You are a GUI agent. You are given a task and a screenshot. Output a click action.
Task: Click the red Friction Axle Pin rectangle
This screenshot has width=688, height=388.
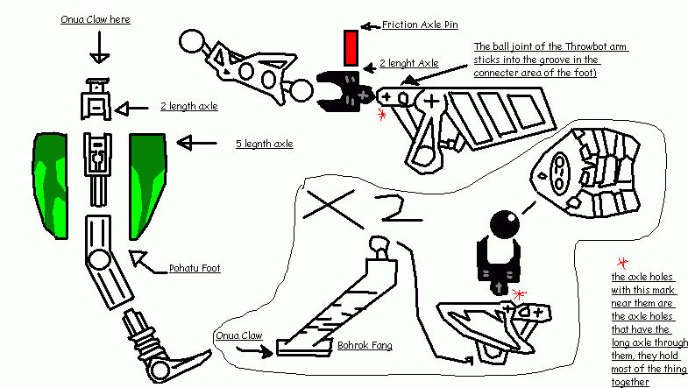tap(351, 48)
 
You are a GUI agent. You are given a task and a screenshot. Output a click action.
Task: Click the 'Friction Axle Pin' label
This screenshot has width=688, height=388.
tap(420, 24)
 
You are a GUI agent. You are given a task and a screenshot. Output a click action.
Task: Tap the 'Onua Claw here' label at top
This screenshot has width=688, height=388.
tap(96, 18)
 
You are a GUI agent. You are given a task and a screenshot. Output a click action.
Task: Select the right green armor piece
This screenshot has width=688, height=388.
tap(146, 184)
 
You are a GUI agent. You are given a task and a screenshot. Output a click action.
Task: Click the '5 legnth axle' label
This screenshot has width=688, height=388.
tap(260, 144)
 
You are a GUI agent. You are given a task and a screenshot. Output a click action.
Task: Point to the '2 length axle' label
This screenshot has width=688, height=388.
tap(188, 106)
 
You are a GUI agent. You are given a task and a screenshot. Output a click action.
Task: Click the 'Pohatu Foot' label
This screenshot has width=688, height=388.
tap(195, 269)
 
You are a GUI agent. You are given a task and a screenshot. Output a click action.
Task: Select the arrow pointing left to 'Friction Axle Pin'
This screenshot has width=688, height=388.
tap(371, 24)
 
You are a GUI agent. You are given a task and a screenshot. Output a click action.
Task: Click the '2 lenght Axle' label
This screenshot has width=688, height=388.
tap(408, 64)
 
